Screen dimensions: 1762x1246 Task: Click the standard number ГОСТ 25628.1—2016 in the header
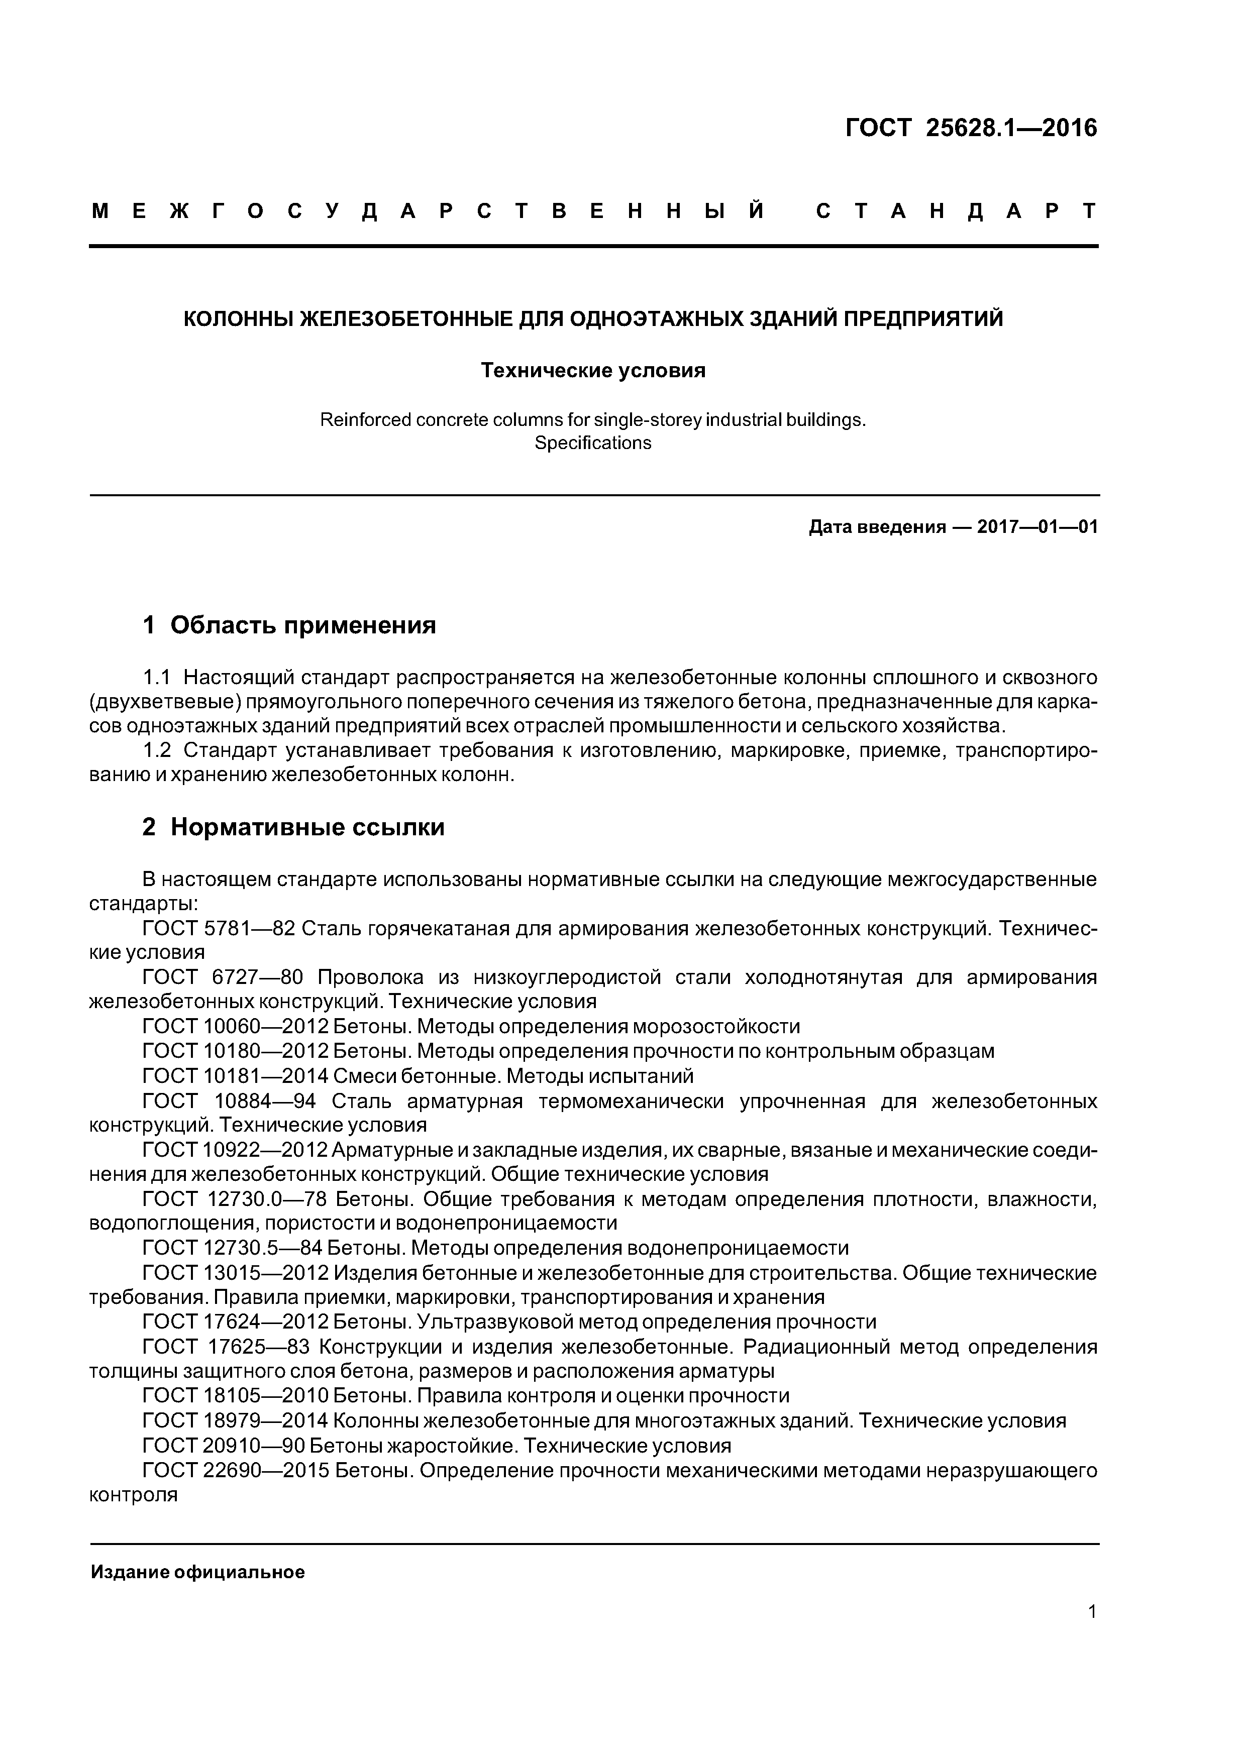click(971, 128)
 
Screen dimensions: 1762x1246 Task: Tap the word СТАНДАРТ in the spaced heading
click(956, 211)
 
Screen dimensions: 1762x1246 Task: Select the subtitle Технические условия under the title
click(593, 371)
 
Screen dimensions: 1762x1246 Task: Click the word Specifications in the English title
click(593, 443)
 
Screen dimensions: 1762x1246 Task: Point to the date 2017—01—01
click(1037, 527)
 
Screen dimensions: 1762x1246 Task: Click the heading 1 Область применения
click(289, 625)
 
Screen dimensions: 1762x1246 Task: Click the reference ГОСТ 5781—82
click(219, 929)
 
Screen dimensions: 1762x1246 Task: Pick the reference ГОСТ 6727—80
click(223, 978)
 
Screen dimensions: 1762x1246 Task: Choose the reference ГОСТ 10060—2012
click(235, 1027)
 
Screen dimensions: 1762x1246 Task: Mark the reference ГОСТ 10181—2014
click(235, 1076)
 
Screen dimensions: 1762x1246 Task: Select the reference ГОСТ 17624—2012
click(235, 1321)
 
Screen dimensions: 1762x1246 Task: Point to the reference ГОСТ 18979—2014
click(235, 1420)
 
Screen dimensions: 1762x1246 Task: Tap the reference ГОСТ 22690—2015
click(235, 1470)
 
